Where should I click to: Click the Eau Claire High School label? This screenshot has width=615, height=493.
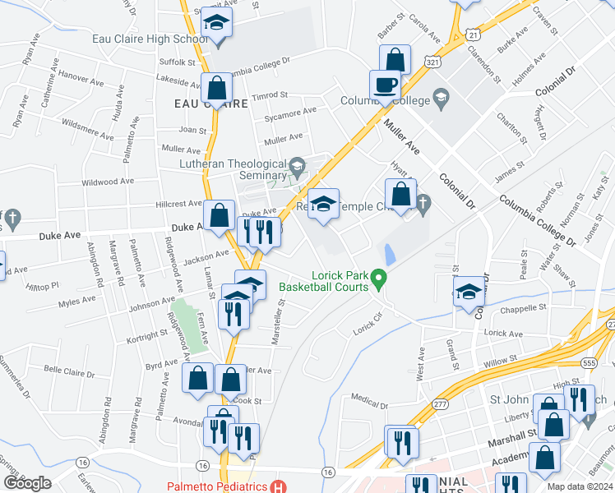coord(161,39)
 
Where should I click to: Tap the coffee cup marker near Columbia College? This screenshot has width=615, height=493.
coord(385,85)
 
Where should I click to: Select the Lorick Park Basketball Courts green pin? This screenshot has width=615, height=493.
coord(379,280)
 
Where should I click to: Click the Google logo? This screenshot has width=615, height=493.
coord(27,483)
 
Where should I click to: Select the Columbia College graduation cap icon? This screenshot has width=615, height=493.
coord(442,100)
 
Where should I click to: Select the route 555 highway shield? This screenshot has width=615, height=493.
coord(588,362)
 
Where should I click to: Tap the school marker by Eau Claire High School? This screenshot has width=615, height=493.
coord(217,25)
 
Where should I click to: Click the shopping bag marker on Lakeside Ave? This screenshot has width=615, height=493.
coord(216,89)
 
